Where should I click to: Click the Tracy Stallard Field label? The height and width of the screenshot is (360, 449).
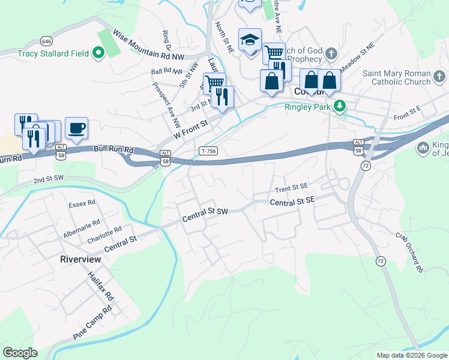pyautogui.click(x=53, y=53)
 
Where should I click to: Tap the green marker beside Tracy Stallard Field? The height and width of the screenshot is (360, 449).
pyautogui.click(x=98, y=53)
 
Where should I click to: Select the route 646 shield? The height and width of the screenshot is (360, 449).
pyautogui.click(x=46, y=41)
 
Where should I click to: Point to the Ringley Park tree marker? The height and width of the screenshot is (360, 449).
pyautogui.click(x=340, y=106)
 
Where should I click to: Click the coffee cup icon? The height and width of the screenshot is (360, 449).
pyautogui.click(x=76, y=128)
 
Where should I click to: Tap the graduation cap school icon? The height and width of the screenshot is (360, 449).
pyautogui.click(x=250, y=40)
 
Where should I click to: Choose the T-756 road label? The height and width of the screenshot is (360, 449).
pyautogui.click(x=208, y=151)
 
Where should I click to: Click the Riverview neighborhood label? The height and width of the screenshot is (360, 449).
pyautogui.click(x=80, y=259)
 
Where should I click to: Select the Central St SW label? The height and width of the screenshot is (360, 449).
pyautogui.click(x=205, y=212)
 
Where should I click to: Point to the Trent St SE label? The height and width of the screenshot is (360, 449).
pyautogui.click(x=291, y=189)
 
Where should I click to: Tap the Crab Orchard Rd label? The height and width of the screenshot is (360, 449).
pyautogui.click(x=409, y=253)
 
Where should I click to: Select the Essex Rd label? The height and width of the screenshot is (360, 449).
pyautogui.click(x=83, y=203)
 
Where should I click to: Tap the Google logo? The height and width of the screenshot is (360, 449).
pyautogui.click(x=20, y=353)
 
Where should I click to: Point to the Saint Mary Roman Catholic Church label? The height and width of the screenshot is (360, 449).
pyautogui.click(x=396, y=77)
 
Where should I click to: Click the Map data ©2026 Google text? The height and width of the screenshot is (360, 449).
pyautogui.click(x=411, y=355)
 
